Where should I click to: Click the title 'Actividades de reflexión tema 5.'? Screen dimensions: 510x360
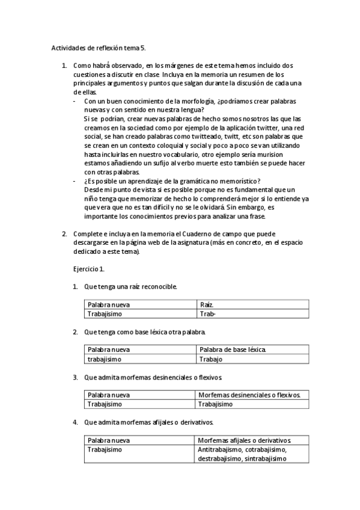tap(99, 47)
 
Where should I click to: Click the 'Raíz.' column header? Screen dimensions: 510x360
tap(207, 305)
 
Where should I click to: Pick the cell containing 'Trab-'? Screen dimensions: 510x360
tap(207, 313)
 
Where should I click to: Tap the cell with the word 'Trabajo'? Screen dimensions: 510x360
tap(210, 359)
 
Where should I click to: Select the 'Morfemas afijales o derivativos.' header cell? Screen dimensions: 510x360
tap(244, 440)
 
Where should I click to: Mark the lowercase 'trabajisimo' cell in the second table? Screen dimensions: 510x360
tap(104, 359)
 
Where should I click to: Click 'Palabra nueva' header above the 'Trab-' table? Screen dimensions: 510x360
tap(108, 305)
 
